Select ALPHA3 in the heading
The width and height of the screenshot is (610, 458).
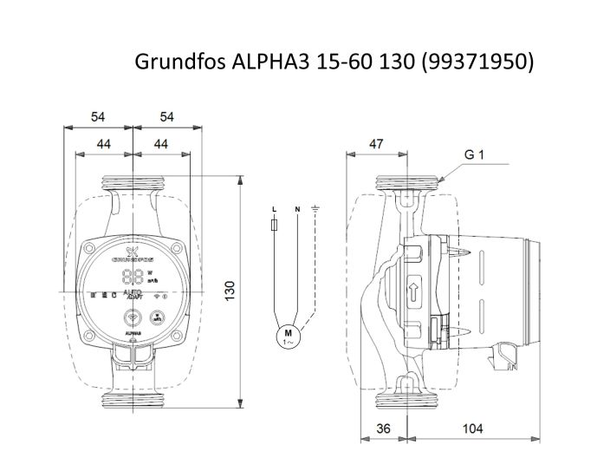(x=256, y=62)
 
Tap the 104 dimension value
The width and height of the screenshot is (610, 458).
(x=473, y=428)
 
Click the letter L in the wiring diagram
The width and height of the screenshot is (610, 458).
(x=275, y=210)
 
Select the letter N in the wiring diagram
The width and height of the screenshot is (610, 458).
(x=297, y=210)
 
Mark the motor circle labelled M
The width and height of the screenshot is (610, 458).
(x=286, y=336)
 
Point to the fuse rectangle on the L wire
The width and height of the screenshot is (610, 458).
(x=275, y=226)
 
